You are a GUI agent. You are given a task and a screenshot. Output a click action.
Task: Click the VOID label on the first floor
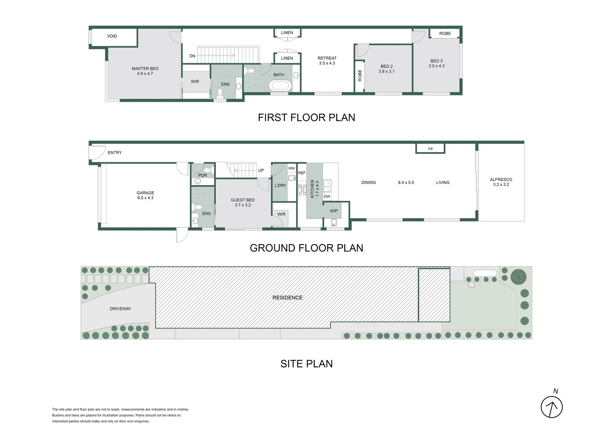(x=112, y=36)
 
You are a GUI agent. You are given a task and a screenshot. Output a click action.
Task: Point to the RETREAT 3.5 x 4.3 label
(x=327, y=61)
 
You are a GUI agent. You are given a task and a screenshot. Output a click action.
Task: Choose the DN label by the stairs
(x=193, y=56)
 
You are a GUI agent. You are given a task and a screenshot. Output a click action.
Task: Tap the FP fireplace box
(x=430, y=149)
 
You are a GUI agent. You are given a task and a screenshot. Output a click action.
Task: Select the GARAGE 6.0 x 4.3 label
(x=145, y=195)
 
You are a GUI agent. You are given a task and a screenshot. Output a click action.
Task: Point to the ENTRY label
(x=115, y=153)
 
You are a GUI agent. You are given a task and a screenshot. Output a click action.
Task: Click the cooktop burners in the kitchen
(x=302, y=190)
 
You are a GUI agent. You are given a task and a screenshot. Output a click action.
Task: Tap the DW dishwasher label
(x=327, y=196)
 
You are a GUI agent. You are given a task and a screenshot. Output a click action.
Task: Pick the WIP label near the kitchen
(x=334, y=211)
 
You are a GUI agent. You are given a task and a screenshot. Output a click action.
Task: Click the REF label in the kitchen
(x=302, y=173)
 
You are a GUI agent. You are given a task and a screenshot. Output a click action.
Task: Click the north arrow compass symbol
(x=552, y=407)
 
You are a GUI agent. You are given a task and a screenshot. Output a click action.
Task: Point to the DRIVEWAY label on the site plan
(x=120, y=309)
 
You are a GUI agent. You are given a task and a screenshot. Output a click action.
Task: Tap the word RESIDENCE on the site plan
(x=287, y=297)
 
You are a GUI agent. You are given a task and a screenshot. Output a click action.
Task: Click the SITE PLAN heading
(x=306, y=364)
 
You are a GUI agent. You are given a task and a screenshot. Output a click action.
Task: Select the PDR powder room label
(x=203, y=176)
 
